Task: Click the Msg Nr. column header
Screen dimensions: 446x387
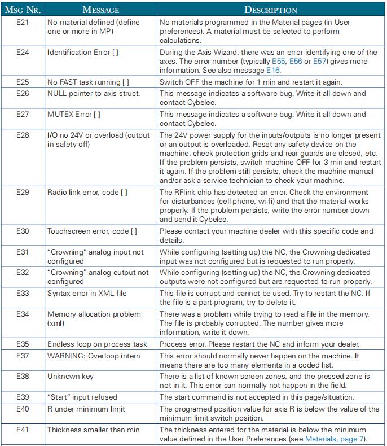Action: (x=23, y=10)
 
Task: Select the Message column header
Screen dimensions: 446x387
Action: (x=101, y=10)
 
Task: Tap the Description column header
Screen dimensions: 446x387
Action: (x=271, y=10)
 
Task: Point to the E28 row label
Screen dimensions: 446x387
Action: (x=23, y=135)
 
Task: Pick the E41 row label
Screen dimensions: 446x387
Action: (x=23, y=430)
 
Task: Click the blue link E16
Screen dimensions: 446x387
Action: (x=274, y=71)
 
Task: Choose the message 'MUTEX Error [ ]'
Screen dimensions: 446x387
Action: (x=74, y=115)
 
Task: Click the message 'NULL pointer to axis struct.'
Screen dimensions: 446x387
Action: (x=94, y=93)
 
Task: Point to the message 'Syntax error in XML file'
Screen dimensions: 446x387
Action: (x=87, y=293)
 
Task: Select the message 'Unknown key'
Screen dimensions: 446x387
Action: (x=71, y=376)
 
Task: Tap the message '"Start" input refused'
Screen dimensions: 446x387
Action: (x=82, y=397)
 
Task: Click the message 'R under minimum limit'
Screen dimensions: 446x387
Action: (x=86, y=409)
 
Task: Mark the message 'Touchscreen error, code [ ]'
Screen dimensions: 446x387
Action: (x=92, y=231)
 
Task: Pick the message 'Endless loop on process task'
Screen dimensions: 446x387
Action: (x=97, y=344)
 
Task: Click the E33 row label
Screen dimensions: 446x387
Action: (x=23, y=293)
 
